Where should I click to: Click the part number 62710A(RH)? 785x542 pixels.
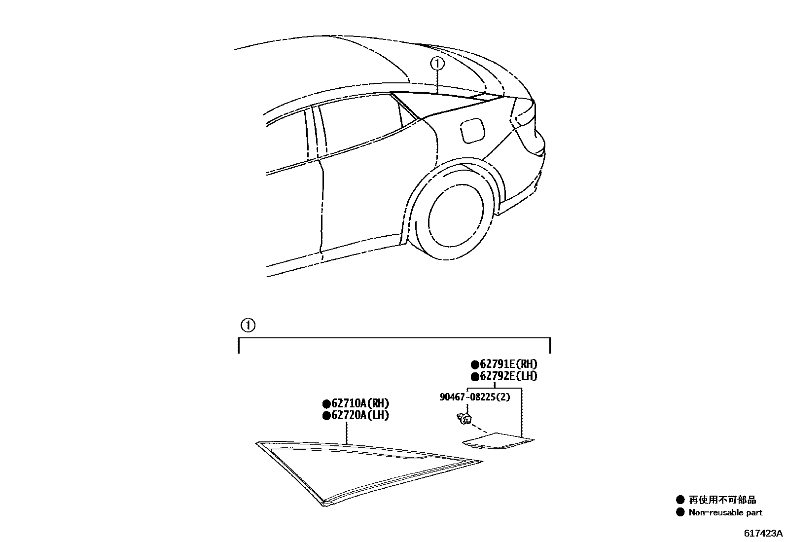coord(359,403)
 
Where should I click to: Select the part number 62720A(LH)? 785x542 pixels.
coord(359,415)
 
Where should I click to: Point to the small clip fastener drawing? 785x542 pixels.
coord(464,419)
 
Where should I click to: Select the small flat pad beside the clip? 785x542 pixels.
coord(498,440)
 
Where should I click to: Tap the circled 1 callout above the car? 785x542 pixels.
coord(437,64)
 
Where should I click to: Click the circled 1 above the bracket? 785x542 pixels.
coord(248,325)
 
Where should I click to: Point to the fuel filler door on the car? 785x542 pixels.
coord(472,129)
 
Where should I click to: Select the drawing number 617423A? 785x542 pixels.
coord(763,533)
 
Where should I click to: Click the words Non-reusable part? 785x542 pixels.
coord(725,512)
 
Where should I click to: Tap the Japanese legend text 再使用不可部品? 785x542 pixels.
coord(722,500)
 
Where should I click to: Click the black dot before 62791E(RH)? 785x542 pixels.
coord(475,364)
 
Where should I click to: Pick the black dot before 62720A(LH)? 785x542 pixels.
coord(326,416)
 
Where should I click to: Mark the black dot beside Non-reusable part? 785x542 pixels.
coord(680,512)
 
